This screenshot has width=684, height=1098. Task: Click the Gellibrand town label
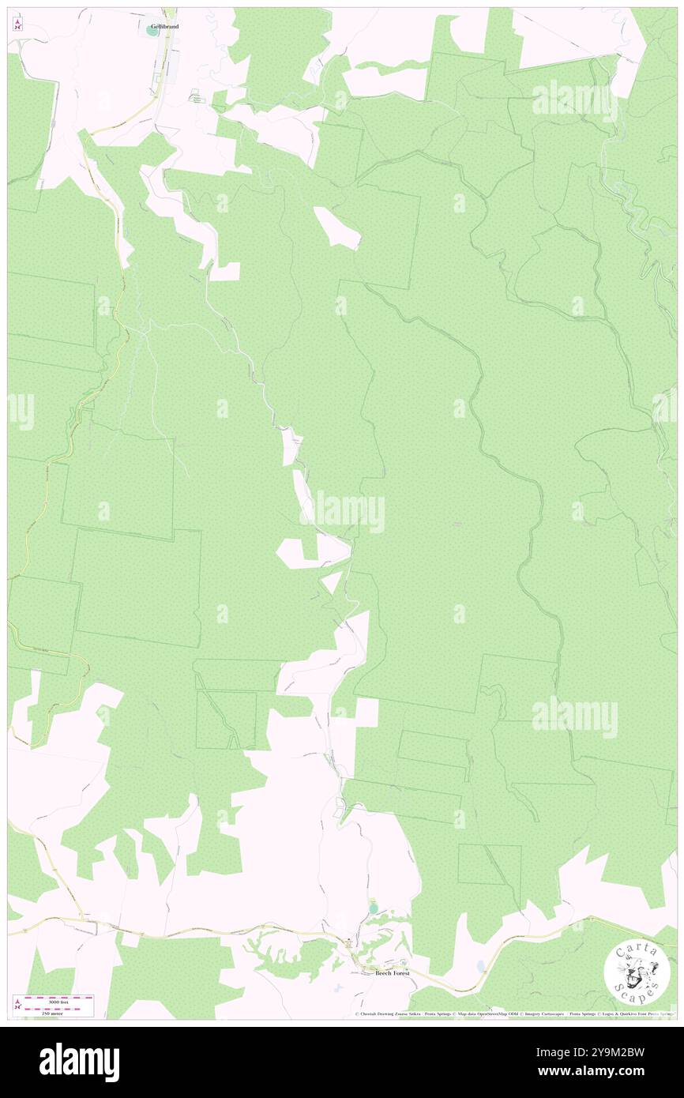164,27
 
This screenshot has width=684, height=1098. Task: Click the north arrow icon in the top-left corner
17,24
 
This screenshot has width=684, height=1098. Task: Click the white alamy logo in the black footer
79,1062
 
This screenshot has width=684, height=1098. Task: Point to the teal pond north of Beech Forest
373,908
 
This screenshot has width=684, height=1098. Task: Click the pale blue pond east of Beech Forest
480,966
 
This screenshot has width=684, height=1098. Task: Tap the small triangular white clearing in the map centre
332,583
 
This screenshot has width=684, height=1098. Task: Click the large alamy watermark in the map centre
341,511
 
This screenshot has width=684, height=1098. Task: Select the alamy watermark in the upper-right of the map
574,100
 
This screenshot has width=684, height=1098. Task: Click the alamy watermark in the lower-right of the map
574,716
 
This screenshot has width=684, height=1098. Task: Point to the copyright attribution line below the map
513,1013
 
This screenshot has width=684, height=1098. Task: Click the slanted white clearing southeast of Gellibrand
337,227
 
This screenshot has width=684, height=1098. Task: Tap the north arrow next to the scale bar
17,1003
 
